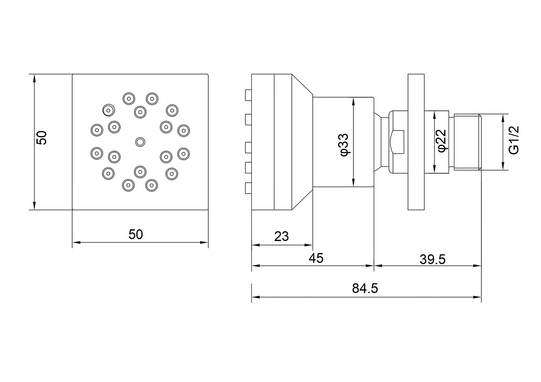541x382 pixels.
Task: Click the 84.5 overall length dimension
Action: (365, 288)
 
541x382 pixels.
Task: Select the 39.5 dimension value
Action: (433, 259)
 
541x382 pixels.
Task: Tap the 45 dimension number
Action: (316, 258)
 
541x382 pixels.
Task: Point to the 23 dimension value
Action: (281, 237)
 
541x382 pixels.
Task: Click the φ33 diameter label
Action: (345, 145)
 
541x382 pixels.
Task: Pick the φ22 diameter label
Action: (442, 140)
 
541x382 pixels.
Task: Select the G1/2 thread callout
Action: (514, 140)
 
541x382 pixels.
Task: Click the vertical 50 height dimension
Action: (41, 138)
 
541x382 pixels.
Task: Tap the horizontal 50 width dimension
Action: (136, 235)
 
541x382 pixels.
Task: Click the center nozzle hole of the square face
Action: (140, 141)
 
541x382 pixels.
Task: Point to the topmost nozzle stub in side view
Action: (248, 95)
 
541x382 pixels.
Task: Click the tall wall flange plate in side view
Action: (416, 142)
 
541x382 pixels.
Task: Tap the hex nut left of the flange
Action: (397, 142)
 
